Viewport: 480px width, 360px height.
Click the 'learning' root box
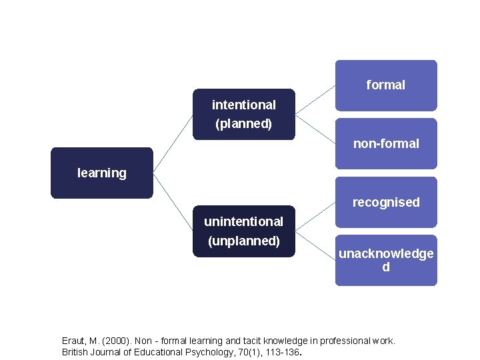coord(102,173)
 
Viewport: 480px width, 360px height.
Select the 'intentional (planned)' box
coord(244,114)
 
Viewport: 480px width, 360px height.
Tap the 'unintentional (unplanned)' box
coord(244,231)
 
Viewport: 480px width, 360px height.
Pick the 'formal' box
coord(386,85)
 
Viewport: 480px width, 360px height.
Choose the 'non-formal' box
coord(386,143)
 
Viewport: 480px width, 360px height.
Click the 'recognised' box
coord(386,202)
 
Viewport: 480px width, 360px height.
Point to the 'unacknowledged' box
coord(386,260)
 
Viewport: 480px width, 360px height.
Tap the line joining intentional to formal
coord(315,100)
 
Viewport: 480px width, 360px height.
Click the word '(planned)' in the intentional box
coord(244,124)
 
